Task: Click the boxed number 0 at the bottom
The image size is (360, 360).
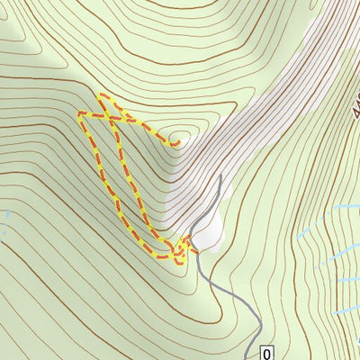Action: point(266,352)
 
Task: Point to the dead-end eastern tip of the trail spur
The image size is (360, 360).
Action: point(177,142)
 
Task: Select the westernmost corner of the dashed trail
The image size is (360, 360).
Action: point(80,113)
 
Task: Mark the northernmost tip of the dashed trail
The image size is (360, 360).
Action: point(101,94)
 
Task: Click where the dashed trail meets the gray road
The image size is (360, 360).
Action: point(191,241)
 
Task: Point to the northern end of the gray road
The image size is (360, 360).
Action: point(220,176)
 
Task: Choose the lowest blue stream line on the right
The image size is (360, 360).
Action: point(346,310)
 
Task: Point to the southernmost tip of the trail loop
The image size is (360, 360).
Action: point(177,262)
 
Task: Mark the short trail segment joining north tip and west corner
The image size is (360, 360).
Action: point(90,103)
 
